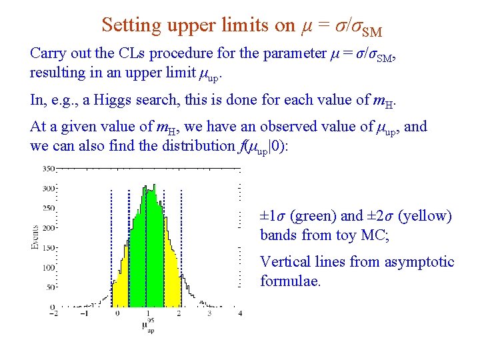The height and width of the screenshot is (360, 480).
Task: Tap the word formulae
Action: pos(291,281)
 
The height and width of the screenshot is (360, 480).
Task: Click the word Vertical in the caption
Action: pos(284,262)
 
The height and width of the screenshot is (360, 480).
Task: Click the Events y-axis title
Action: pos(35,237)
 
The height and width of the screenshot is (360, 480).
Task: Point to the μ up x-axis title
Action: pos(148,326)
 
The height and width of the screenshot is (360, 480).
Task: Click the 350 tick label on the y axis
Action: pos(48,169)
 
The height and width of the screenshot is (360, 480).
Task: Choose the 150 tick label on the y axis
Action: pos(48,248)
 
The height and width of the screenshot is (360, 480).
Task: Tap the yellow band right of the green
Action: pos(172,280)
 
